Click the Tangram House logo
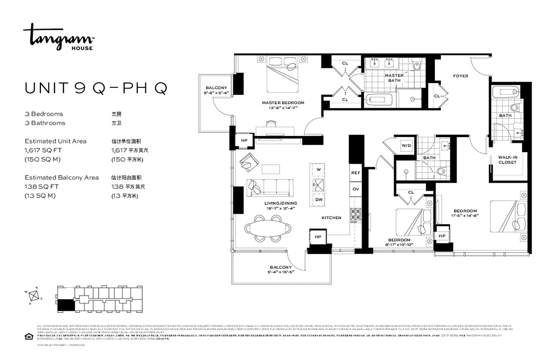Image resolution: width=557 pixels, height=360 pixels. (x=59, y=36)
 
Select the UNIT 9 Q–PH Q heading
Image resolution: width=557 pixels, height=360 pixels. (x=96, y=88)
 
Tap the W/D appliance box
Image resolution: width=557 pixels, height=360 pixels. (x=407, y=145)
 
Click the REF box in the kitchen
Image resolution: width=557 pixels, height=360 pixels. (x=356, y=172)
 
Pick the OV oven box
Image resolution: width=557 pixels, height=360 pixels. (x=356, y=189)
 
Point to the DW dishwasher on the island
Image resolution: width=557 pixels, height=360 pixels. (x=319, y=199)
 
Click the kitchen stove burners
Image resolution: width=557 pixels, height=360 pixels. (x=356, y=214)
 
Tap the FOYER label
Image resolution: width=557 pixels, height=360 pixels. (x=460, y=76)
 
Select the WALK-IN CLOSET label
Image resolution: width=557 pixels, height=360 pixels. (x=507, y=160)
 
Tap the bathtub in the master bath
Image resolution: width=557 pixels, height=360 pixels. (x=379, y=99)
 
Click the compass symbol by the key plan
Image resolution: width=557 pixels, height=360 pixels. (x=33, y=296)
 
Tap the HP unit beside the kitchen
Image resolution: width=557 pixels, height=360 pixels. (x=318, y=237)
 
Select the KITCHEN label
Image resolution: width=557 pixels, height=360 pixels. (x=331, y=218)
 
